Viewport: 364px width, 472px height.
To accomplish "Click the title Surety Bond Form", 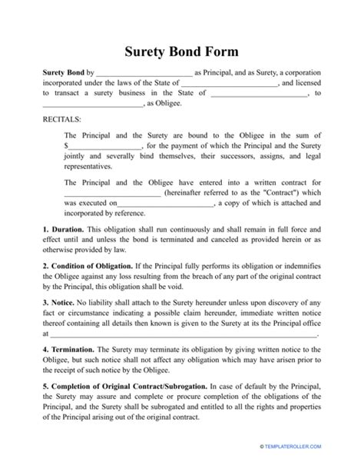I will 181,52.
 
